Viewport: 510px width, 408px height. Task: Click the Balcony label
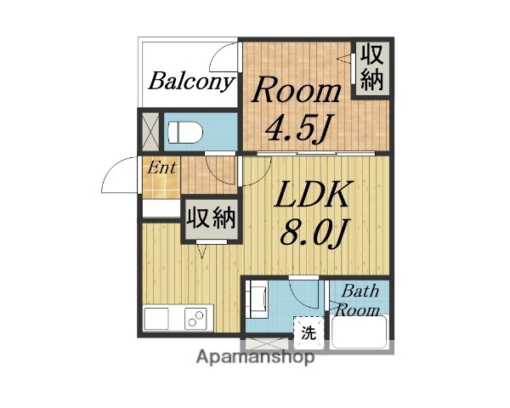pos(191,82)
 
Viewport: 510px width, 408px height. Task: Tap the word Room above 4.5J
pos(298,90)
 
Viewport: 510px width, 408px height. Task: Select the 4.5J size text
pos(297,128)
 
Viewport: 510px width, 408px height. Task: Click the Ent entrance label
pos(161,167)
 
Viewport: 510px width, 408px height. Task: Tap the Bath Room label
pos(360,300)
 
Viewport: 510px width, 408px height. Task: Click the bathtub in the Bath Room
pos(360,332)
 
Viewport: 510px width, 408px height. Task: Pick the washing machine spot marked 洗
pos(308,331)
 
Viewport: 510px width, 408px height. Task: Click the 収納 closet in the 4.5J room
pos(371,68)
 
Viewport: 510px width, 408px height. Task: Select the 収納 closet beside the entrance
pos(210,218)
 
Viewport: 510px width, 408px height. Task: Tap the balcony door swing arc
pos(223,58)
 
